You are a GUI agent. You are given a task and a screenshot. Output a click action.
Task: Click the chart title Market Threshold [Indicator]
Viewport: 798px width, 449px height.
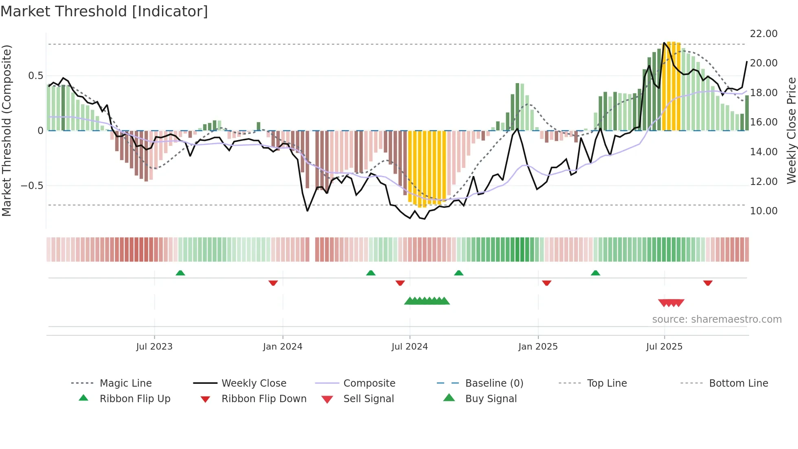click(104, 11)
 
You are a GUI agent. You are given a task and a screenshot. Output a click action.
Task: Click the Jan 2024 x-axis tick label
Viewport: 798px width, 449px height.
click(283, 346)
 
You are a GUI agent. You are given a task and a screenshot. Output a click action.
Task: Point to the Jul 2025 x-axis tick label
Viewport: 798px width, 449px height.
click(664, 346)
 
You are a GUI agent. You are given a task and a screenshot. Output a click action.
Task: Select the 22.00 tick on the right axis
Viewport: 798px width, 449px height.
click(763, 33)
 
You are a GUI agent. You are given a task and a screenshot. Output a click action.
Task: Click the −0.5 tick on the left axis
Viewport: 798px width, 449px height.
click(32, 185)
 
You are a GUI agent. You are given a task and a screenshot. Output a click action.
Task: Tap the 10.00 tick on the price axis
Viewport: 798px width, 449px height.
click(763, 211)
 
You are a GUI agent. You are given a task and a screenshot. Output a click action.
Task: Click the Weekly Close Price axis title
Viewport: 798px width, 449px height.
click(791, 130)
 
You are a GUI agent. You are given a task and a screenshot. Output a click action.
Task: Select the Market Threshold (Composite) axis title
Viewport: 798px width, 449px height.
click(7, 130)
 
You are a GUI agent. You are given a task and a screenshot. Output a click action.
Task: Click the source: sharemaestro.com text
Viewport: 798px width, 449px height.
click(717, 319)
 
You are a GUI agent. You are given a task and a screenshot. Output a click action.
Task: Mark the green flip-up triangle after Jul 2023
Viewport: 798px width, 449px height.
click(180, 273)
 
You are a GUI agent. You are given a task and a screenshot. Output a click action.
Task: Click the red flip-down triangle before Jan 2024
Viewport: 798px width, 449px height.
click(273, 283)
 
